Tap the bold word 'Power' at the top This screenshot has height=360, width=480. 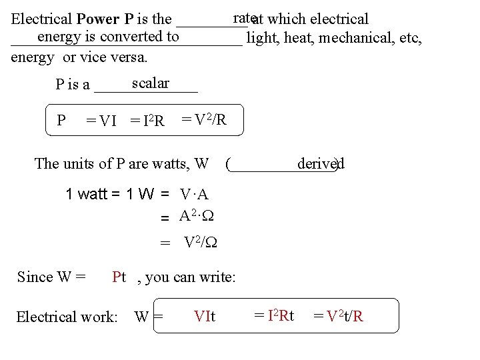coord(94,19)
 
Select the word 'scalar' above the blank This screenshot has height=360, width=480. coord(150,83)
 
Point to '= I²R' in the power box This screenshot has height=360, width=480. coord(147,121)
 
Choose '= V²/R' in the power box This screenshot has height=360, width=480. coord(204,119)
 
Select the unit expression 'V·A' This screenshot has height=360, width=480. coord(194,195)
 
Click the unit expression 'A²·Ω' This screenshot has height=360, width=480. coord(196,215)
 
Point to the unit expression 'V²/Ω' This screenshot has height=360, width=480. coord(200,243)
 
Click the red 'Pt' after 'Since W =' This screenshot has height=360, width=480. coord(119,277)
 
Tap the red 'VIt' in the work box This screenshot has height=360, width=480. coord(204,316)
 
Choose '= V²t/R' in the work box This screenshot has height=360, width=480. coord(338,316)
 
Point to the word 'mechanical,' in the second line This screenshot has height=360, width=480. coord(353,37)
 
